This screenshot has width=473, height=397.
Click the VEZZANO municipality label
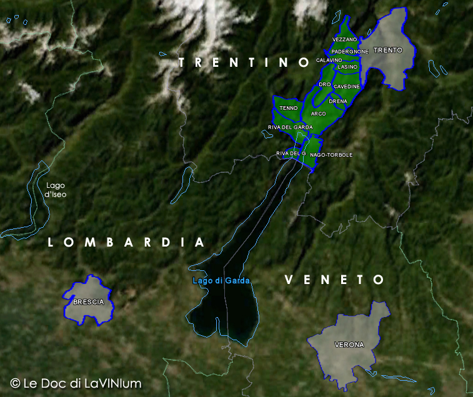point(344,40)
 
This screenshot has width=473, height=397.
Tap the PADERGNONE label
point(350,51)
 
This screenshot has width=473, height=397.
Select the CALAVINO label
point(329,60)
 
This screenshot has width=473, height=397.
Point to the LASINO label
point(347,67)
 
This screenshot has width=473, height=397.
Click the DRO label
point(324,84)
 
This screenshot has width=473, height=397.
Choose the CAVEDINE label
point(346,86)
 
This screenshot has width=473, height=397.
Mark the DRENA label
point(337,101)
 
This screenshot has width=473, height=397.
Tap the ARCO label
point(318,114)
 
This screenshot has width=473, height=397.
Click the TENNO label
point(289,108)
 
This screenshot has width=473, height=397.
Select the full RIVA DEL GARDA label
point(290,127)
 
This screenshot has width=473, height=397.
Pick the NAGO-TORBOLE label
point(331,155)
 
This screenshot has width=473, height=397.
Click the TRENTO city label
point(387,50)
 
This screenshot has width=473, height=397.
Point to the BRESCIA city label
point(88,302)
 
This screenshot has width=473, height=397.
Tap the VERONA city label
point(349,345)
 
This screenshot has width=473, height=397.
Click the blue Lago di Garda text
point(221,281)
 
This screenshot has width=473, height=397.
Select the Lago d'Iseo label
point(55,190)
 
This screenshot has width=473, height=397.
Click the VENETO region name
point(334,280)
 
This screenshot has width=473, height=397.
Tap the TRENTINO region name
point(244,62)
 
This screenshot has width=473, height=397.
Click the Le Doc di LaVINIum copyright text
point(76,383)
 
